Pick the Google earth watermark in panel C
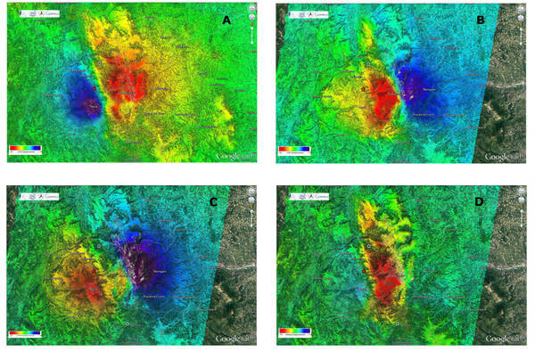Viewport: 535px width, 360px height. click(235, 340)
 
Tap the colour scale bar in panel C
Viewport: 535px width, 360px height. click(23, 332)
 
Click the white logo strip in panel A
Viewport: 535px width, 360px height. click(37, 12)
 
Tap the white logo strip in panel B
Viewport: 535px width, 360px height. click(307, 12)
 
